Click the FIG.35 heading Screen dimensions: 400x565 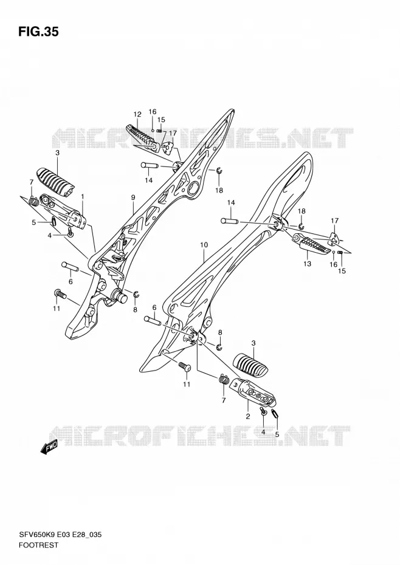pos(38,32)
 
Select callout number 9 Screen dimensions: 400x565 pos(133,197)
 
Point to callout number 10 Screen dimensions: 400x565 pos(204,245)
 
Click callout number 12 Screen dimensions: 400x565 pos(137,115)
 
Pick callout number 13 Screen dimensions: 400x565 pos(308,264)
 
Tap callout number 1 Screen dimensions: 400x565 pos(83,196)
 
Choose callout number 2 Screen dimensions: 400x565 pos(248,417)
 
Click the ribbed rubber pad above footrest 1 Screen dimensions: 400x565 pos(55,182)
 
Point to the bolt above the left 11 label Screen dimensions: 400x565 pos(60,294)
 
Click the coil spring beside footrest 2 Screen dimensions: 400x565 pos(224,380)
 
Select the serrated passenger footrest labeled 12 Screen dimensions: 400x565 pos(142,138)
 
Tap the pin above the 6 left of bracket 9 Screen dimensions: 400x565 pos(70,266)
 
